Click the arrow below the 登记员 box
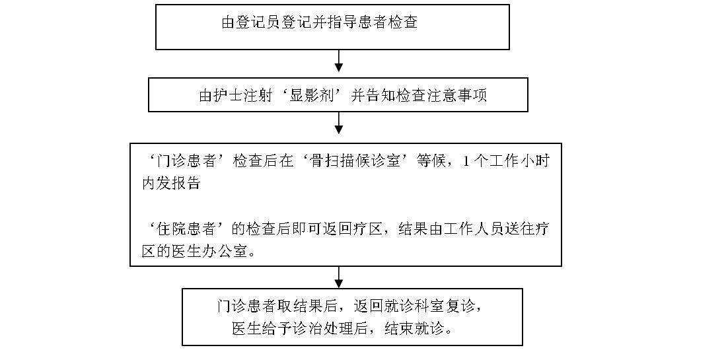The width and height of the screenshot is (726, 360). pos(339,61)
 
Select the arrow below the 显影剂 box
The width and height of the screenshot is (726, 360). pos(339,123)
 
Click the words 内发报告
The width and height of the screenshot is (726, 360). pos(171,184)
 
